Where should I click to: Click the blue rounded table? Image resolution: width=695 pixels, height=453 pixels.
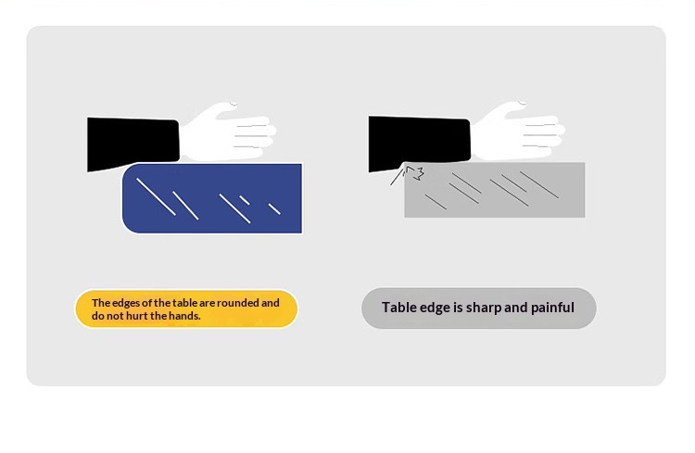[212, 198]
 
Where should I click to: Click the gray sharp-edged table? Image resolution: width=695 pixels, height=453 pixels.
[494, 190]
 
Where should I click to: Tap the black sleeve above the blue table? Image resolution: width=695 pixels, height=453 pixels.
[133, 145]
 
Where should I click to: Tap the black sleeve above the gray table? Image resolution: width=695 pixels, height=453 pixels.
[419, 144]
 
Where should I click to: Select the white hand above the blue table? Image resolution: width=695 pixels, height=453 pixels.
[228, 132]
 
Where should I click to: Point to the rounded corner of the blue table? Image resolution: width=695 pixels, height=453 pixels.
[129, 226]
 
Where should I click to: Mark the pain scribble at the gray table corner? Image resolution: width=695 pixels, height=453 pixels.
[408, 175]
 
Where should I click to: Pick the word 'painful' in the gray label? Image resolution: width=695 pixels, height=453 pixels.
[552, 308]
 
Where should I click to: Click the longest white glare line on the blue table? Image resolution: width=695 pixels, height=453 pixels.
[156, 196]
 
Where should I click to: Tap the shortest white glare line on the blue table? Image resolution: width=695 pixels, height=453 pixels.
[245, 200]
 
